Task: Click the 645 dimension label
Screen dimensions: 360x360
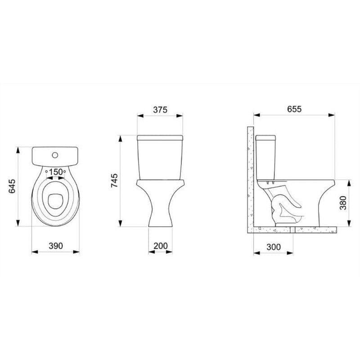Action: [x=12, y=186]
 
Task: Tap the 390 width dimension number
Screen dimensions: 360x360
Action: [x=55, y=246]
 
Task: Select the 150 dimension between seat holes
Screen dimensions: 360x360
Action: [x=56, y=172]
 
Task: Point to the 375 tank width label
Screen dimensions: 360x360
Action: [x=160, y=110]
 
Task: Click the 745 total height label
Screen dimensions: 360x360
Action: [x=114, y=180]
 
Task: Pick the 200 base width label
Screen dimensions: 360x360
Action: [x=161, y=246]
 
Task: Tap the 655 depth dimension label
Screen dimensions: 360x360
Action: [x=294, y=109]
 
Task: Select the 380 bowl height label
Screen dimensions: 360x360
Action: [x=343, y=203]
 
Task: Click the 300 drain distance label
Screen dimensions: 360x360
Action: [x=274, y=247]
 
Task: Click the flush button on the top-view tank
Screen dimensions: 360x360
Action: [x=55, y=155]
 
